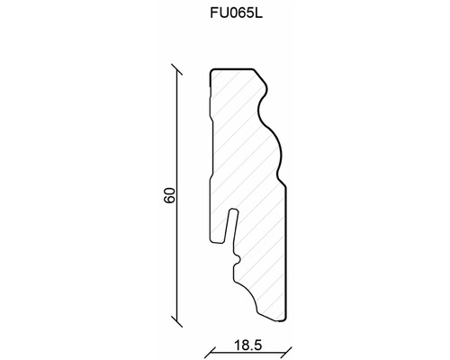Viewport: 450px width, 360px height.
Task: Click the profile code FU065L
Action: point(236,13)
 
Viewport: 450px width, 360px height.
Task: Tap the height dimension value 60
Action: point(169,195)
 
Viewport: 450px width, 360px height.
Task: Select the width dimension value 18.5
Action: point(247,346)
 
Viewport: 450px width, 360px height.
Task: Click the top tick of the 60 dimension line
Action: point(176,69)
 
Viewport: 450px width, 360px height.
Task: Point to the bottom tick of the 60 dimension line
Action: point(176,321)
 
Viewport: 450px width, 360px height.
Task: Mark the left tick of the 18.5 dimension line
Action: point(210,353)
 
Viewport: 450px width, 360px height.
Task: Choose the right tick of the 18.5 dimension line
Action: point(286,353)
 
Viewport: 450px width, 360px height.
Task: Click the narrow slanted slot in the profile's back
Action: point(231,225)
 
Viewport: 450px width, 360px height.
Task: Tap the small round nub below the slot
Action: point(238,260)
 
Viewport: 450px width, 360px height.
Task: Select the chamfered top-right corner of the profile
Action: point(260,76)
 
